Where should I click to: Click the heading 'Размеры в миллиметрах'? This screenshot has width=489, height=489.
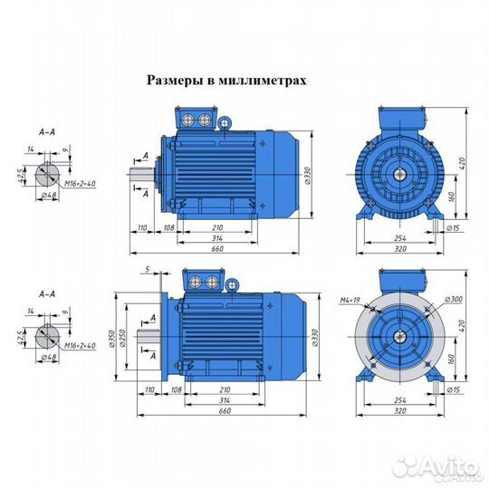[x=226, y=80]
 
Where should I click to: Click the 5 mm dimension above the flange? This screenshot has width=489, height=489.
[x=146, y=270]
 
